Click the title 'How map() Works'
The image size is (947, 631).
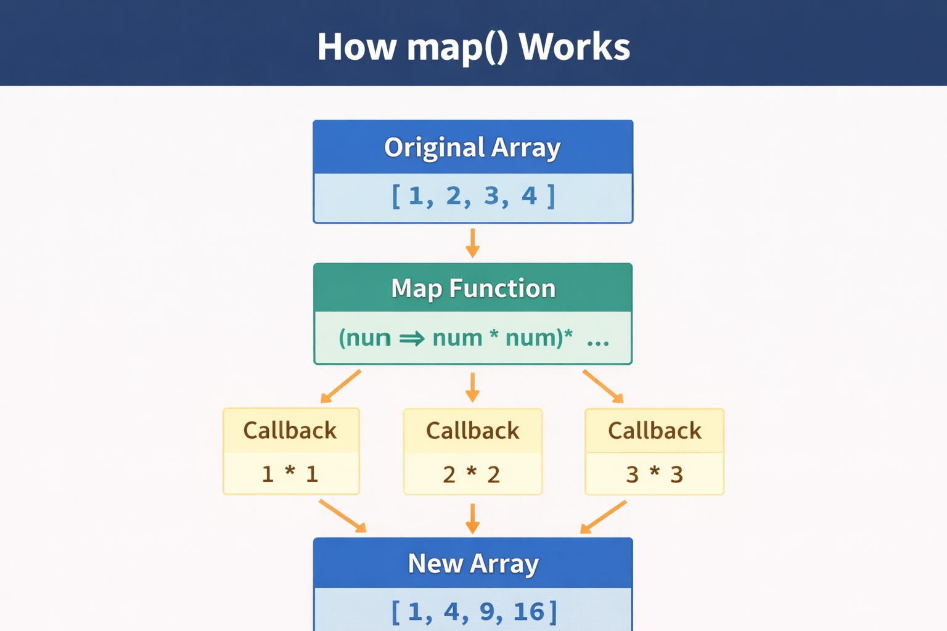pos(473,46)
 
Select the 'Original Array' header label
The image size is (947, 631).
pos(472,147)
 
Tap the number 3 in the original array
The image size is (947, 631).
pos(491,195)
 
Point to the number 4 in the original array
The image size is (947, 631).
pos(529,195)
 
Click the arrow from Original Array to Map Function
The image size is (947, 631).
pos(473,243)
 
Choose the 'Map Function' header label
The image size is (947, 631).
pos(473,288)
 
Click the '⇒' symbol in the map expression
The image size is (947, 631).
pos(412,338)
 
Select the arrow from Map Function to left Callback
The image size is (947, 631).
pos(341,386)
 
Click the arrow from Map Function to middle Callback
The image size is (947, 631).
pos(473,387)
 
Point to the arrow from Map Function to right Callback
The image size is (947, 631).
pos(604,386)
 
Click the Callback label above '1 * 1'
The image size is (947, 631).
pos(290,431)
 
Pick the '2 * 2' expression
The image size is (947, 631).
pos(472,474)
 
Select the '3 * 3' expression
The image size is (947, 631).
pos(654,474)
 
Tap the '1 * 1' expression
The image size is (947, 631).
pos(290,474)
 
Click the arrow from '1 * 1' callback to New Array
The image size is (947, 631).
pos(343,516)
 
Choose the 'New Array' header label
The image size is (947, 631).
pos(473,563)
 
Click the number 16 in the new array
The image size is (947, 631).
pos(528,611)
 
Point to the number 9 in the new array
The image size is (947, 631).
pos(487,611)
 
